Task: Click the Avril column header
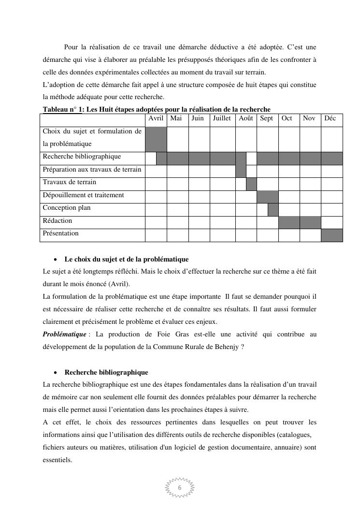[156, 118]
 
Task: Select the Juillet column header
[222, 118]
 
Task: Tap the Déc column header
[330, 118]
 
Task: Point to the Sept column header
[266, 118]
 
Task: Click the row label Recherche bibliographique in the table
[82, 157]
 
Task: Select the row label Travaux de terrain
[69, 182]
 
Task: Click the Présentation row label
[60, 233]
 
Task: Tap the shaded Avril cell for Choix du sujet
[156, 139]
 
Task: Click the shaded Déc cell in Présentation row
[331, 235]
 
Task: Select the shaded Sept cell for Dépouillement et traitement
[267, 197]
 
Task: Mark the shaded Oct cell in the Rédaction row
[289, 222]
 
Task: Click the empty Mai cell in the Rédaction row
[177, 222]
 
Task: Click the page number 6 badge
[180, 488]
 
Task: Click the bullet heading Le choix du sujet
[126, 260]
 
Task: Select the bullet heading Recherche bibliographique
[106, 373]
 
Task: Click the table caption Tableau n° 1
[63, 109]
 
